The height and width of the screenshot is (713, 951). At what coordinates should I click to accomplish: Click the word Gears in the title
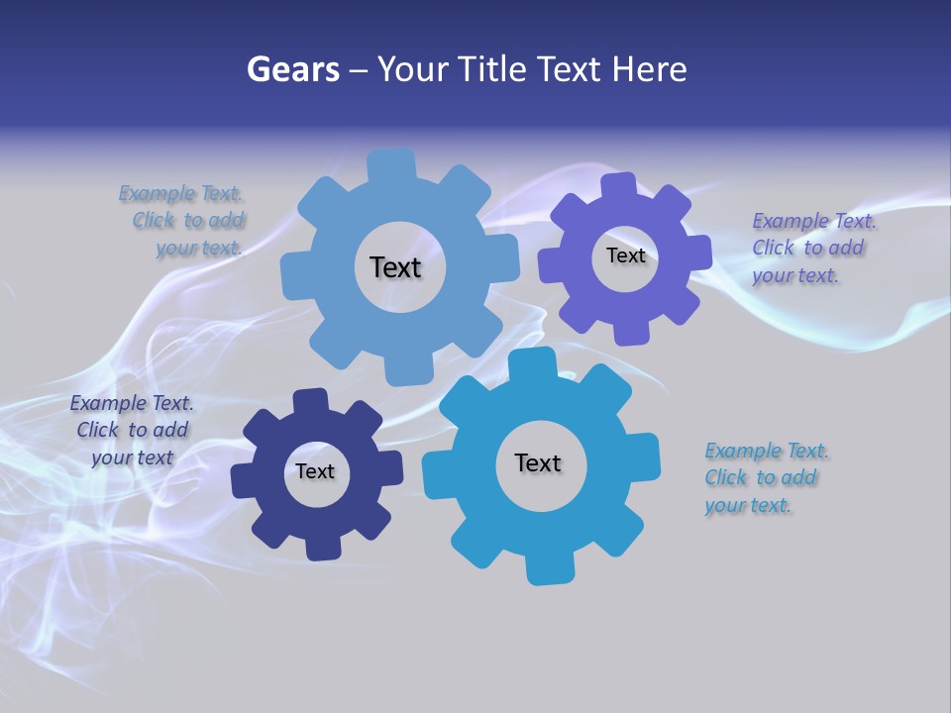(x=292, y=69)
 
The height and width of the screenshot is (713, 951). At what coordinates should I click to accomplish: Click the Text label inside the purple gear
(x=625, y=255)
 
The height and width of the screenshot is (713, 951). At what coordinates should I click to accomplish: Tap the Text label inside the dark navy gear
(x=315, y=471)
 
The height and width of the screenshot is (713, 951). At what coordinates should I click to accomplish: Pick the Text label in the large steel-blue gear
(x=395, y=267)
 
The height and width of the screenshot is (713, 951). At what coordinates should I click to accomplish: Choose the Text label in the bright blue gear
(x=538, y=462)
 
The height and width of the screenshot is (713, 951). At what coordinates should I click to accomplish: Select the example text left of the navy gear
(x=132, y=431)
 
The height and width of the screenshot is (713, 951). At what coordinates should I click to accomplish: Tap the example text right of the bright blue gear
(x=766, y=478)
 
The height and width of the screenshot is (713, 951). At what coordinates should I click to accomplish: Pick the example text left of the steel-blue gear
(x=183, y=221)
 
